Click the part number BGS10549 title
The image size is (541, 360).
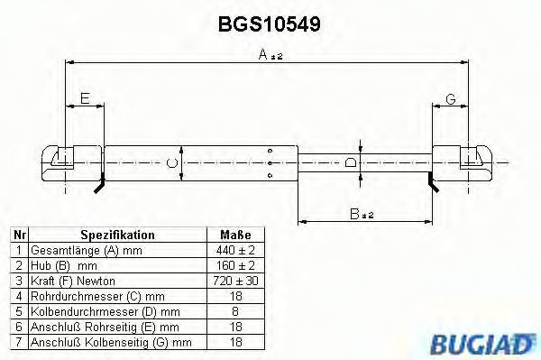coord(270,24)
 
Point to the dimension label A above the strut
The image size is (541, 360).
coord(270,54)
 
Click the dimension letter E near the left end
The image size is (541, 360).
coord(85,98)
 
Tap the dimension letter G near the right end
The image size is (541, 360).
coord(451,99)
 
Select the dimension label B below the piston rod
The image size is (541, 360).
coord(362,214)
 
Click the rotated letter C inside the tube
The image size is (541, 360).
coord(172,162)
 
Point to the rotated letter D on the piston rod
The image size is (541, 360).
coord(351,162)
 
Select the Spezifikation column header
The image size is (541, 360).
coord(117,235)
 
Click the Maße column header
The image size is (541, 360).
coord(235,235)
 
